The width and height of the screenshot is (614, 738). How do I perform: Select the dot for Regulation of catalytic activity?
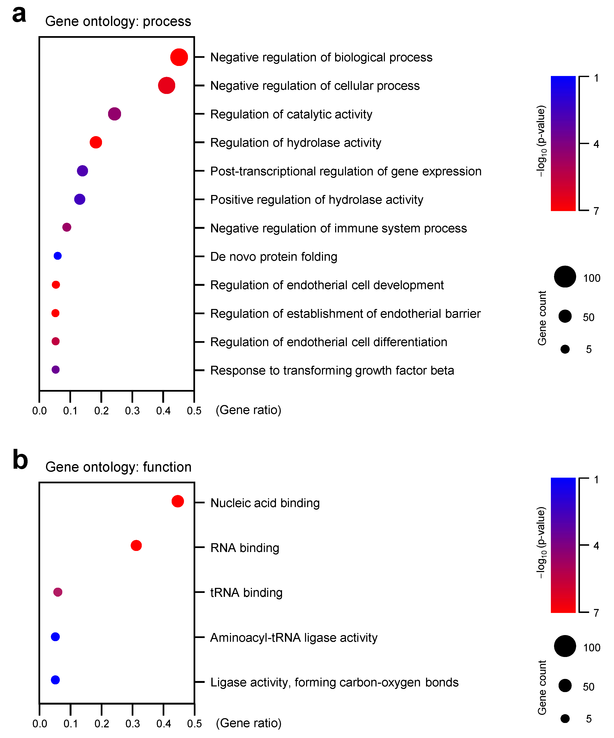coord(114,114)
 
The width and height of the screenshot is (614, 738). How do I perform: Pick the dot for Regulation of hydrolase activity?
coord(96,142)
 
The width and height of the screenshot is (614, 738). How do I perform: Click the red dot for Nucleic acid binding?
coord(178,501)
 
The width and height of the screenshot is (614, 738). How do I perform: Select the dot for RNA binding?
coord(136,546)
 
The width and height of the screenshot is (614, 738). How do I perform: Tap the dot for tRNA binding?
coord(58,592)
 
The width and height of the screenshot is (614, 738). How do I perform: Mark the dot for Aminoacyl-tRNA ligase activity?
coord(55,637)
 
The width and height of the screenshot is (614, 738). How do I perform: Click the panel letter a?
coord(19,15)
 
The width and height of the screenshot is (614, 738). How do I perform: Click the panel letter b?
coord(20,460)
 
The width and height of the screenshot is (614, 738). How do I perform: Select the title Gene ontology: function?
coord(118,467)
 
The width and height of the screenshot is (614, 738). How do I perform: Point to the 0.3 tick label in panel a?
coord(132,410)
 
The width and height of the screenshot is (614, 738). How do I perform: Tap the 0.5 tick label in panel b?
coord(194,724)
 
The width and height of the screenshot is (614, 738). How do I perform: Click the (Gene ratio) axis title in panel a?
coord(248,410)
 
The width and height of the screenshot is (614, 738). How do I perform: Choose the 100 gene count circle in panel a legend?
coord(565,277)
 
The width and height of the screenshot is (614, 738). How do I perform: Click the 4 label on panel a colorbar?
coord(596,144)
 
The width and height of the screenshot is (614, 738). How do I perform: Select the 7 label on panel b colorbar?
coord(596,613)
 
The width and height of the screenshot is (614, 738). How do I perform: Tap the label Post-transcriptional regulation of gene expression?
coord(346,171)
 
